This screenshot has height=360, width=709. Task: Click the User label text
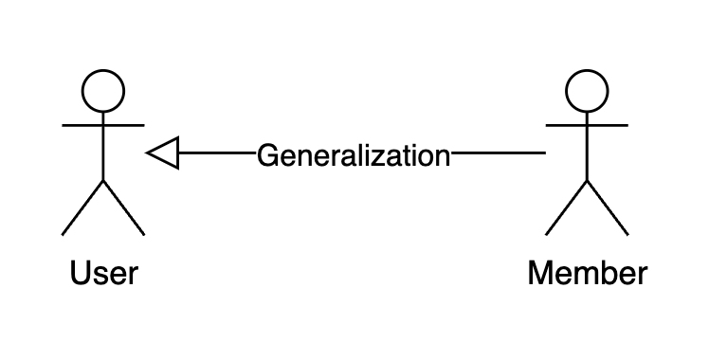pos(104,274)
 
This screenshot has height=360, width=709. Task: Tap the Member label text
pos(588,274)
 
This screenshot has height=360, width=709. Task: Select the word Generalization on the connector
pos(354,154)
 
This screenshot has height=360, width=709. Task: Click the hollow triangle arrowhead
pos(163,153)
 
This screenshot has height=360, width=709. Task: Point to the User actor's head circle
pos(103,91)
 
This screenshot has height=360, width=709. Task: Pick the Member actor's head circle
pos(587,91)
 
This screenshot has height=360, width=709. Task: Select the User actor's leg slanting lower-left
pos(82,207)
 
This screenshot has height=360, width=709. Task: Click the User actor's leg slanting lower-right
pos(124,207)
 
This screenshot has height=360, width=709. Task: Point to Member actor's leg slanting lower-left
pos(566,207)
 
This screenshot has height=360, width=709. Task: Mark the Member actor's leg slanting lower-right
pos(608,207)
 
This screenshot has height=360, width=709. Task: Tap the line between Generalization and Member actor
pos(498,153)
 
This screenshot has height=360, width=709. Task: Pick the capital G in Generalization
pos(267,154)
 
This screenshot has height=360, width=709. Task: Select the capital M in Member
pos(541,274)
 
